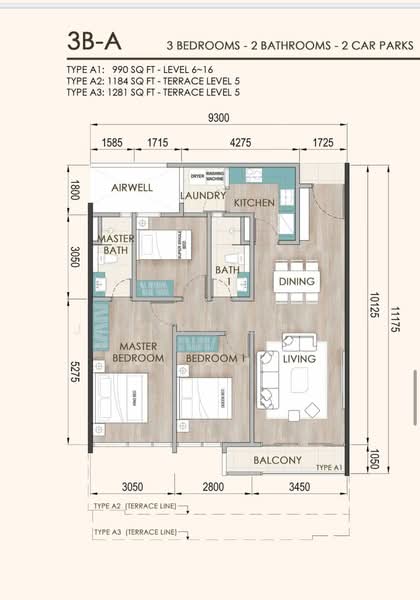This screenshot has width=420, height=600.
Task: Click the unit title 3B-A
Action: point(94,41)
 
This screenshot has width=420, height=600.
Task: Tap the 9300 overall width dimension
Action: point(219,118)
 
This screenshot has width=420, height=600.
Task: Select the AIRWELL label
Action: point(132,187)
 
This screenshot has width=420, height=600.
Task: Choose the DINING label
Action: point(297,282)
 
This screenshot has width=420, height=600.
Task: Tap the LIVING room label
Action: point(298,358)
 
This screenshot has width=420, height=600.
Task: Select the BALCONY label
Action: point(278,460)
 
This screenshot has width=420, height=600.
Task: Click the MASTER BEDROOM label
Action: point(138,352)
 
